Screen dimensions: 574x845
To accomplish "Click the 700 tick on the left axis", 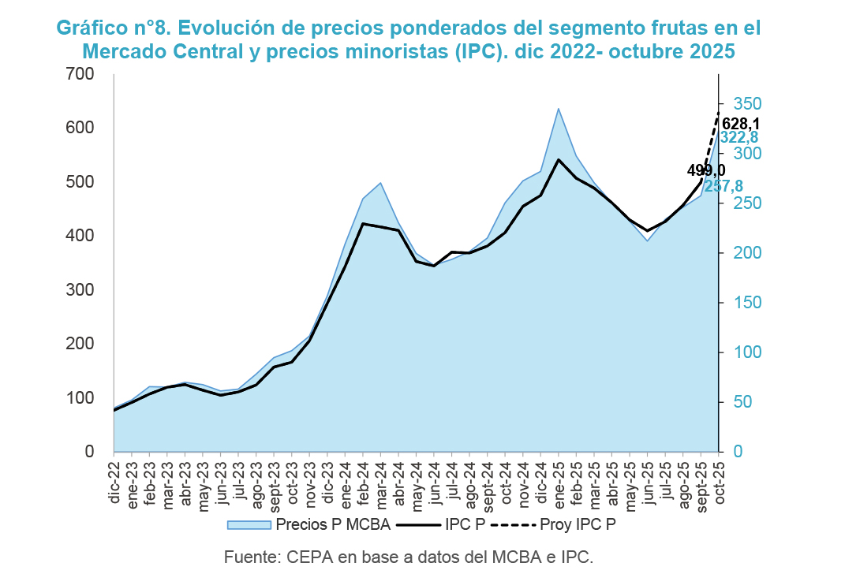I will [x=80, y=74].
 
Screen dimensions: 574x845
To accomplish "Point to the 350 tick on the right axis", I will [x=747, y=104].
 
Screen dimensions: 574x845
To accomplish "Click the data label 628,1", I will [x=741, y=124].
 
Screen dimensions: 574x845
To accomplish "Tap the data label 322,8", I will [x=739, y=138].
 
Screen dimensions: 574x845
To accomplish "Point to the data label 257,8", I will [x=723, y=186].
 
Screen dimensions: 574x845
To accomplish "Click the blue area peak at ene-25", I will [x=559, y=109].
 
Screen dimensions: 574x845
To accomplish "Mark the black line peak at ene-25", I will [x=559, y=160].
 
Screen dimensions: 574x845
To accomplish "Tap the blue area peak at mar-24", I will [x=381, y=183].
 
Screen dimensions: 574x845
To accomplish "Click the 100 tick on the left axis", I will [x=80, y=398].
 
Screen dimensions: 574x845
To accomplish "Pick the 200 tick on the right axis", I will [x=747, y=253].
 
